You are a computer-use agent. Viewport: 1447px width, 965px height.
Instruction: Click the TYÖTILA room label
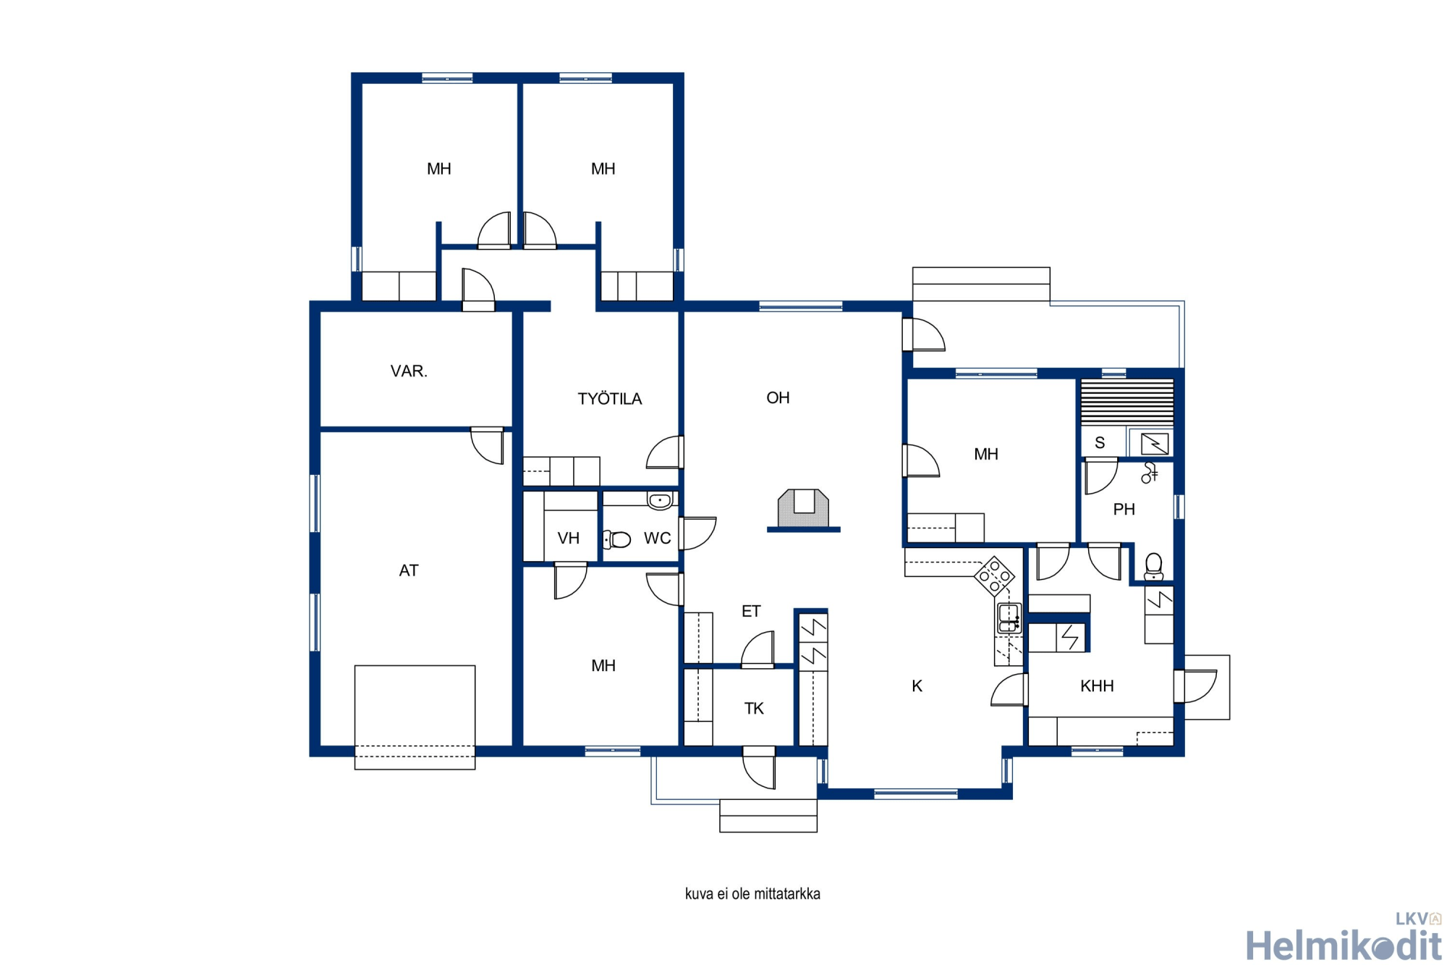(609, 398)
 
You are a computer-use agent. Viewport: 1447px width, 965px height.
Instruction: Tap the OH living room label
(778, 397)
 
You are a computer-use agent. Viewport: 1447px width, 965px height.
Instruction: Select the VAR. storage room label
(409, 371)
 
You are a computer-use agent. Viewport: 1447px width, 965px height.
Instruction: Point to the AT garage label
(409, 570)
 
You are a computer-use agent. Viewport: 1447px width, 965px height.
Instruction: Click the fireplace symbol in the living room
(803, 510)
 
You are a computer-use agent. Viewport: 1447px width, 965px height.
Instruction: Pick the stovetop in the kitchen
(994, 576)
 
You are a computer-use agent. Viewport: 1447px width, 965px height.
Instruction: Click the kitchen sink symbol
(1009, 618)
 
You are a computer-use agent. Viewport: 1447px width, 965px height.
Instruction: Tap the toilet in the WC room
(616, 539)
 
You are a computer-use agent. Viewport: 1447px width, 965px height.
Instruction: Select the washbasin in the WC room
(660, 500)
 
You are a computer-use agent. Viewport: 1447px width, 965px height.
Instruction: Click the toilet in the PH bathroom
(1154, 567)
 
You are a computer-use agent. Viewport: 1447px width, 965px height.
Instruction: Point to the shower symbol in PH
(1149, 473)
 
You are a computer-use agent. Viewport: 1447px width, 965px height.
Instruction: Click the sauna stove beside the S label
(1154, 442)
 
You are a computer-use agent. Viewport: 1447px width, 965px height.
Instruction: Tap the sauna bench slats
(1126, 403)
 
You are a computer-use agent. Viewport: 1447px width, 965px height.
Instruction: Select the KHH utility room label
(1097, 686)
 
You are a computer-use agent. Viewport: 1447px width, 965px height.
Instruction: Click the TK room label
(754, 709)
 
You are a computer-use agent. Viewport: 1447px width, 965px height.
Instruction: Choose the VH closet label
(568, 539)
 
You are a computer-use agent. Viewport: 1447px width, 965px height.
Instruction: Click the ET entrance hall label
(751, 612)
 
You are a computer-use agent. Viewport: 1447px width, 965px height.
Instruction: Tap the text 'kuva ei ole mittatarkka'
(752, 894)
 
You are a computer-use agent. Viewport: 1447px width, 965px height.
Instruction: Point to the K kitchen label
(917, 686)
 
